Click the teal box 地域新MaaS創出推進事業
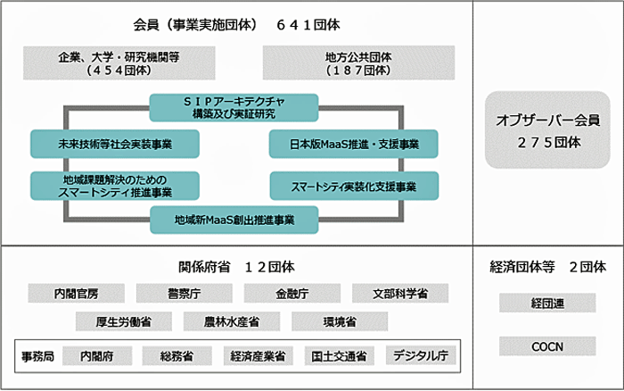tap(234, 220)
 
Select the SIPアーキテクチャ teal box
tap(234, 108)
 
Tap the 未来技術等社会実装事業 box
tap(115, 144)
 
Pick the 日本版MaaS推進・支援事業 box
tap(353, 144)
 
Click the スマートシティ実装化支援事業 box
tap(354, 186)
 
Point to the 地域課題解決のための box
tap(115, 186)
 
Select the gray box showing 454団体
tap(119, 63)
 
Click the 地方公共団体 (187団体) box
tap(358, 63)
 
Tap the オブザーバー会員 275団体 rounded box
tap(547, 130)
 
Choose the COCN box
tap(547, 346)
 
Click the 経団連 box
tap(547, 303)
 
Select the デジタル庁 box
tap(421, 355)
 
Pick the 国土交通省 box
tap(339, 356)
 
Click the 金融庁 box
tap(292, 294)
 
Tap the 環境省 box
tap(340, 321)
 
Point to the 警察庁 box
tap(185, 294)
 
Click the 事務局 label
tap(37, 356)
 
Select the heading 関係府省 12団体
tap(236, 267)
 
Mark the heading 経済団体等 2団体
tap(547, 267)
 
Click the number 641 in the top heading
tap(293, 25)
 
